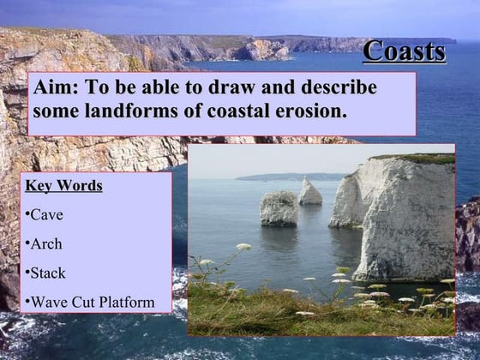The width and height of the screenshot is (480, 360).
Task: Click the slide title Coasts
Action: pyautogui.click(x=404, y=51)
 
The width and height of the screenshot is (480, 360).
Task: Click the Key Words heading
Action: pyautogui.click(x=63, y=185)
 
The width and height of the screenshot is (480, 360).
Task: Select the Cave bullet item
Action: pyautogui.click(x=46, y=214)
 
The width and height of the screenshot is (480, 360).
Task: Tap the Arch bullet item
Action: pyautogui.click(x=46, y=243)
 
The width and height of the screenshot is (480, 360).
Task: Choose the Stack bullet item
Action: pyautogui.click(x=48, y=273)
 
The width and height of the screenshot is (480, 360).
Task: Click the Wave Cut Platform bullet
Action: pyautogui.click(x=91, y=302)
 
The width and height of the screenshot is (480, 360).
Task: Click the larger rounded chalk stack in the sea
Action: pyautogui.click(x=279, y=207)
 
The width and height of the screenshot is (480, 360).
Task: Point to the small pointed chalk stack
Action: pyautogui.click(x=309, y=192)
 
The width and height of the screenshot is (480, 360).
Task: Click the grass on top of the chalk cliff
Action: pyautogui.click(x=420, y=159)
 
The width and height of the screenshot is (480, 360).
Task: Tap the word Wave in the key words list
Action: pyautogui.click(x=47, y=302)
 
